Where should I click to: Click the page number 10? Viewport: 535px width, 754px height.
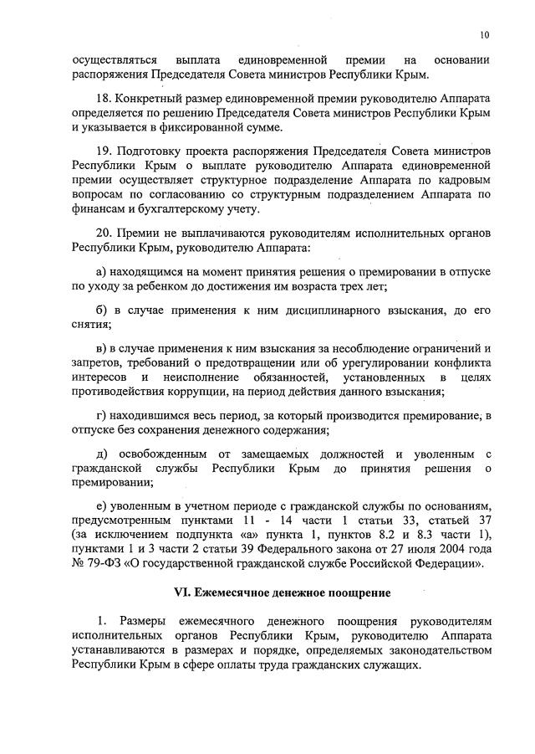point(485,35)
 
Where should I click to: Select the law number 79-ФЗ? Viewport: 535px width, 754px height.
point(104,564)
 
